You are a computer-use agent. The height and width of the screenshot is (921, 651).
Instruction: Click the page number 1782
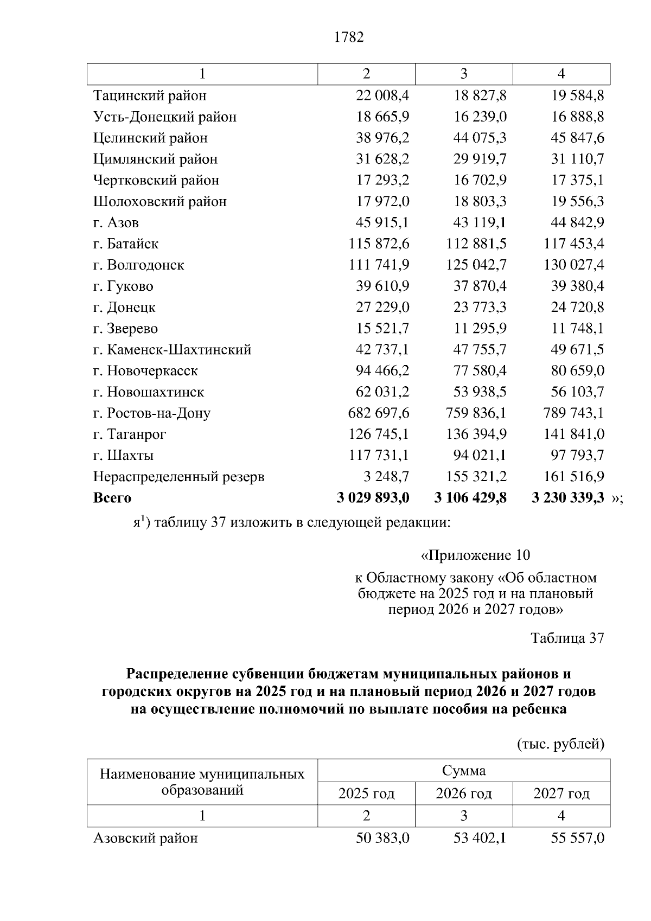pyautogui.click(x=349, y=37)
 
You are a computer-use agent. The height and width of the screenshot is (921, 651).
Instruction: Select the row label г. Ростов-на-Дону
pyautogui.click(x=152, y=413)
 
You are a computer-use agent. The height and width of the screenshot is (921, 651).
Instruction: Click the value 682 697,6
pyautogui.click(x=379, y=413)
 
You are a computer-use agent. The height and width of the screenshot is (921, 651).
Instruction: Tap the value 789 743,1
pyautogui.click(x=573, y=413)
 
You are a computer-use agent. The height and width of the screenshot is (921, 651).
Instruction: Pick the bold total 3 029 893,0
pyautogui.click(x=373, y=498)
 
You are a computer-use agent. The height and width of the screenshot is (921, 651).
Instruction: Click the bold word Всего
pyautogui.click(x=112, y=498)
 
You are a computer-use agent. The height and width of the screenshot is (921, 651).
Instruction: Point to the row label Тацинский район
pyautogui.click(x=150, y=96)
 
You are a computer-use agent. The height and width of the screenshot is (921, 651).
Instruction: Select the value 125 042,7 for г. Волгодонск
pyautogui.click(x=476, y=265)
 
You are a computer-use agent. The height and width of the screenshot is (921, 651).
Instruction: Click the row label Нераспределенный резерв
pyautogui.click(x=179, y=477)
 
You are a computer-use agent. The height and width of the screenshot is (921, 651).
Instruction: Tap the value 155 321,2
pyautogui.click(x=476, y=477)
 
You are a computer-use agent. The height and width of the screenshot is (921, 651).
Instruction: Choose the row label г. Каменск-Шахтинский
pyautogui.click(x=172, y=350)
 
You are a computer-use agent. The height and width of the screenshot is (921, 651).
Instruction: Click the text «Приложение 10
pyautogui.click(x=475, y=555)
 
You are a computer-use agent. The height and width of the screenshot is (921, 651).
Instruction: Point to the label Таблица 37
pyautogui.click(x=567, y=638)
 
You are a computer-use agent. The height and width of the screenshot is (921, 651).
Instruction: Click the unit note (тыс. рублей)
pyautogui.click(x=560, y=744)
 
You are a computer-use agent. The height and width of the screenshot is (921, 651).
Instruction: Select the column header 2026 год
pyautogui.click(x=464, y=794)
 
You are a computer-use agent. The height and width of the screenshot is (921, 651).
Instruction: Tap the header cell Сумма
pyautogui.click(x=464, y=771)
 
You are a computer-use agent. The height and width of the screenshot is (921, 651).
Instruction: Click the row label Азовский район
pyautogui.click(x=145, y=839)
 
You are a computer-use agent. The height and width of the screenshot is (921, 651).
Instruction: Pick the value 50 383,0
pyautogui.click(x=382, y=839)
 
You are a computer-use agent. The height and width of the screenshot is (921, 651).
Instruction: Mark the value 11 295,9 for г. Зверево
pyautogui.click(x=480, y=329)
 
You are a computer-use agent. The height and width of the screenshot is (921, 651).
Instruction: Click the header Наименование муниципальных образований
pyautogui.click(x=202, y=782)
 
